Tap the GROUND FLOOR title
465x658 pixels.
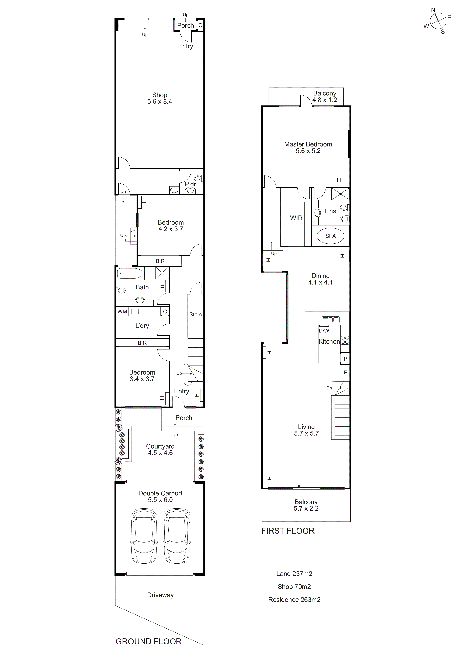point(148,641)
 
